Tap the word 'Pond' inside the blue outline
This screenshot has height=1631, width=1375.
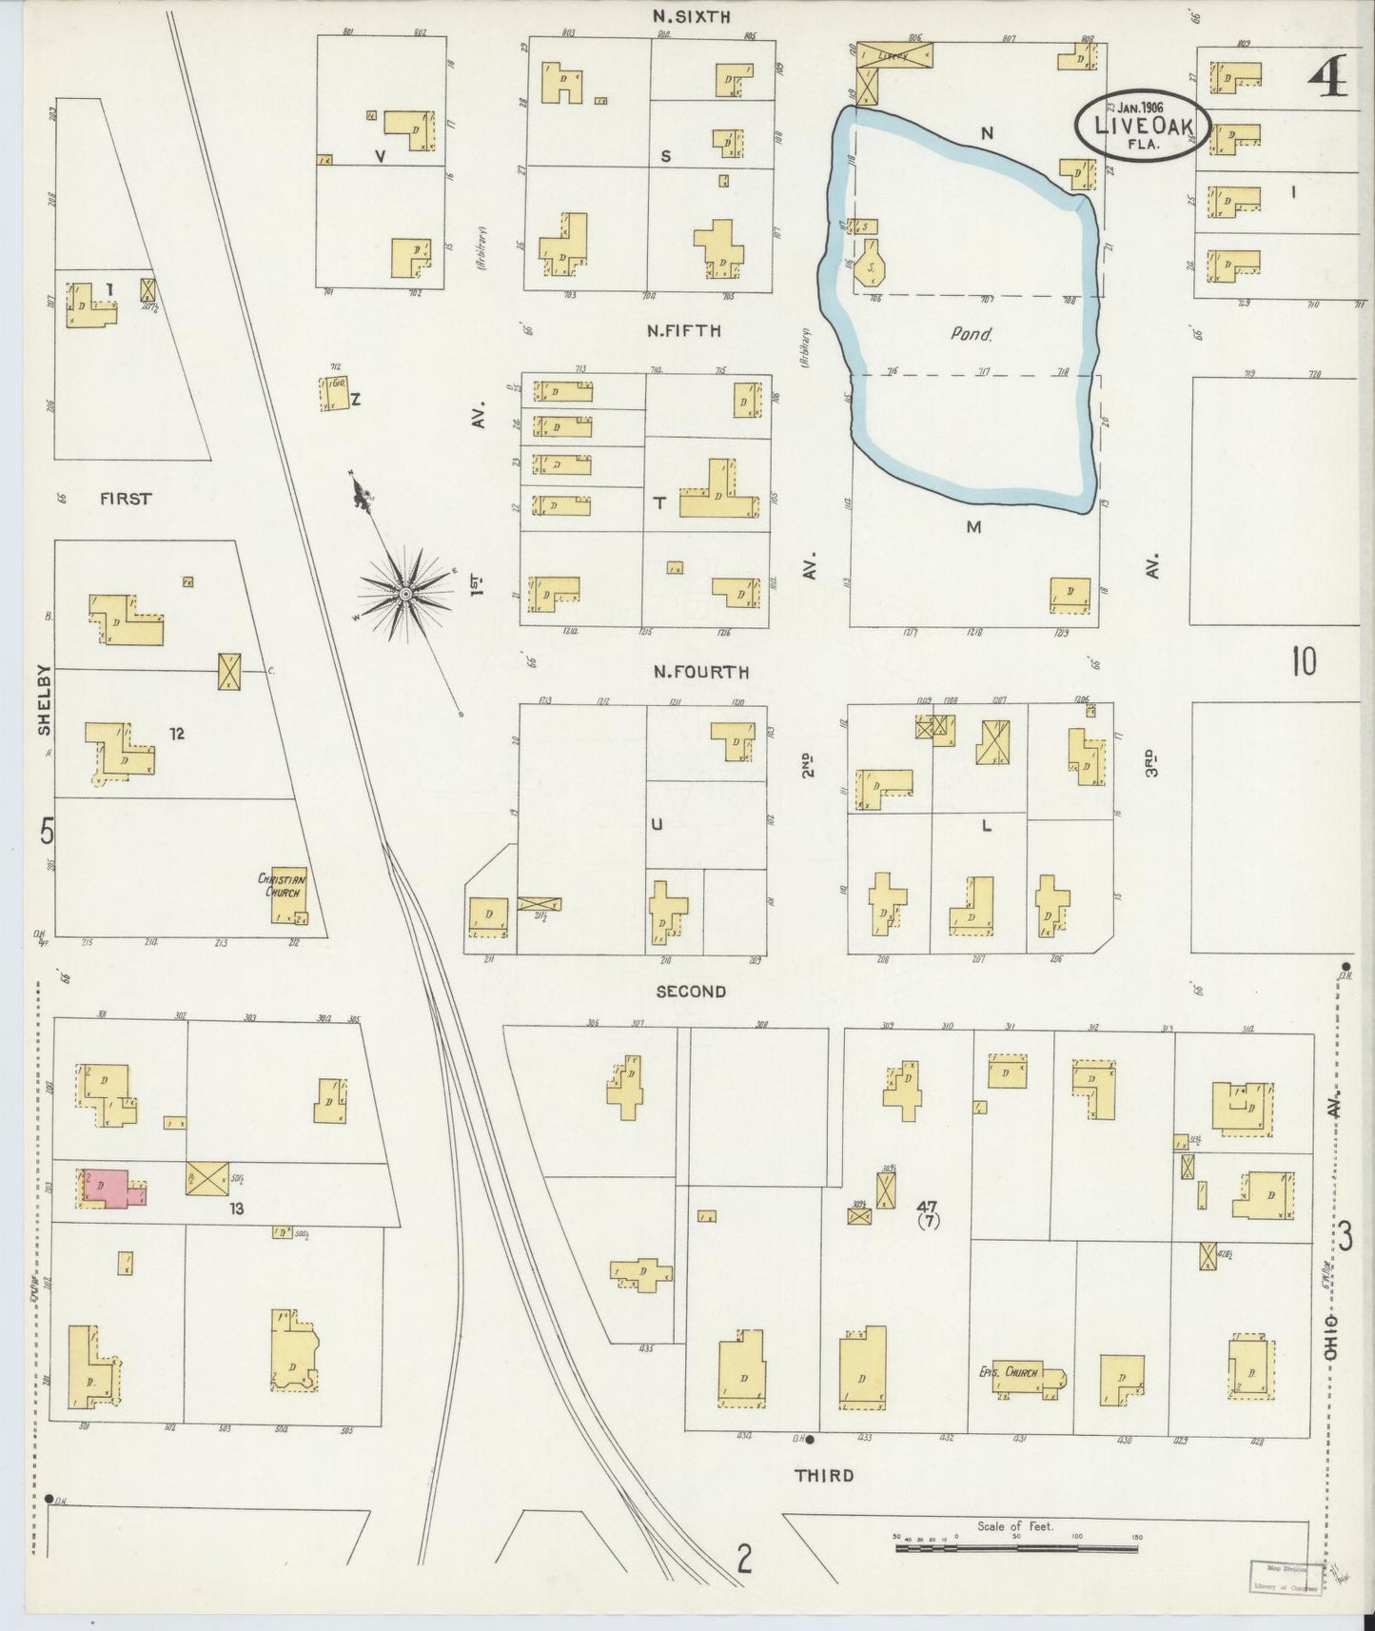pyautogui.click(x=972, y=334)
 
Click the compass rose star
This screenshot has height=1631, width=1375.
pyautogui.click(x=405, y=594)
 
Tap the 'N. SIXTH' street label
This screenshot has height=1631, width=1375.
pyautogui.click(x=691, y=16)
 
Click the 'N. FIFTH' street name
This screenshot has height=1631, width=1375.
pyautogui.click(x=683, y=331)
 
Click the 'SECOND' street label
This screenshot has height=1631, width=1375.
pyautogui.click(x=691, y=991)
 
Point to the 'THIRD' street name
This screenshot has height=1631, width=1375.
pyautogui.click(x=824, y=1475)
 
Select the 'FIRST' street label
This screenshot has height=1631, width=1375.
pyautogui.click(x=126, y=498)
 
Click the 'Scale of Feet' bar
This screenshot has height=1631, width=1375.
pyautogui.click(x=1016, y=1549)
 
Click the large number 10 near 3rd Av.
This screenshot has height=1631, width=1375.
pyautogui.click(x=1304, y=660)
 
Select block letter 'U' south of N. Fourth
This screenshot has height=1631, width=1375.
pyautogui.click(x=656, y=824)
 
